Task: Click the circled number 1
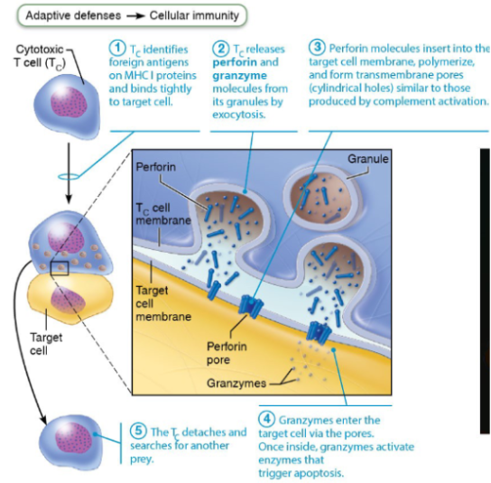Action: point(116,47)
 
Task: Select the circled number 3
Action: point(317,47)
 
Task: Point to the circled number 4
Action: point(269,421)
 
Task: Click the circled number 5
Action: point(139,432)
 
